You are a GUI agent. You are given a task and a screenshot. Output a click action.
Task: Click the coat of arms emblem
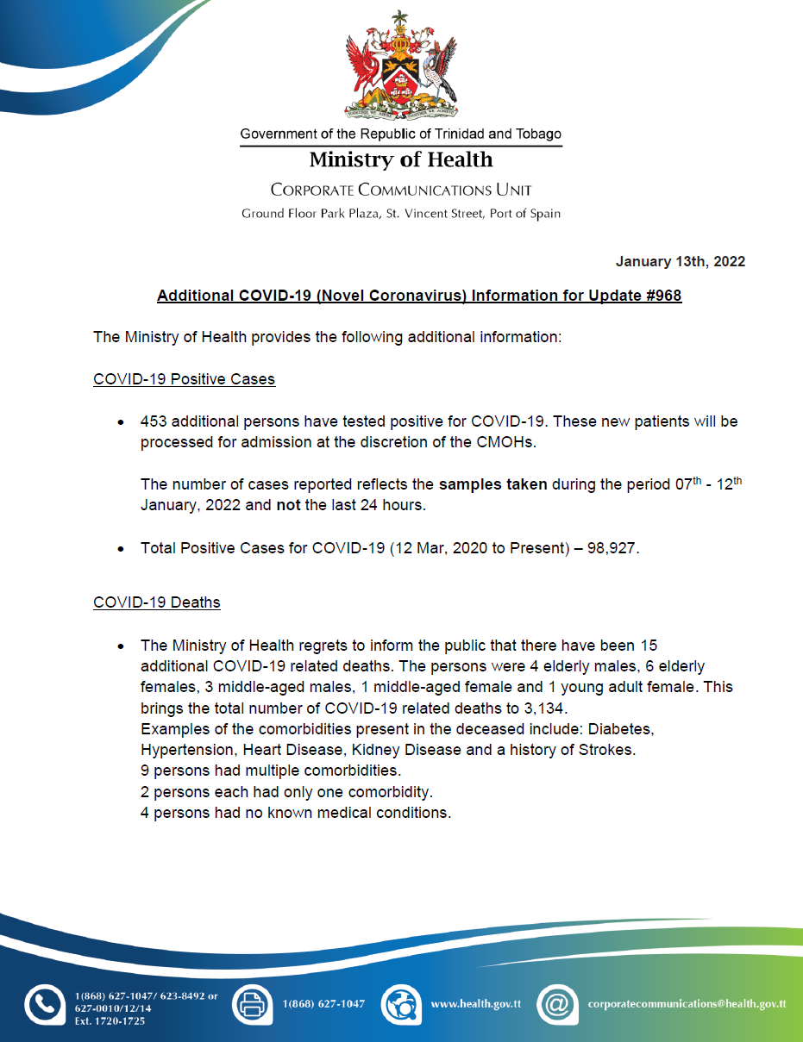(x=401, y=68)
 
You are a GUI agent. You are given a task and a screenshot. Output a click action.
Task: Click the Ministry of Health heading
(x=401, y=160)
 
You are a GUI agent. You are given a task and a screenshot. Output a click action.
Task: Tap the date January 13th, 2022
(x=680, y=261)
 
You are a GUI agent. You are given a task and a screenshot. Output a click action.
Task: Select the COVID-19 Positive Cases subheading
(x=184, y=379)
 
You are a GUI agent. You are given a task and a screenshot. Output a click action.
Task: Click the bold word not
(x=288, y=505)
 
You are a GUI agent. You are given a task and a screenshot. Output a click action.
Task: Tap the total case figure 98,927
(x=610, y=548)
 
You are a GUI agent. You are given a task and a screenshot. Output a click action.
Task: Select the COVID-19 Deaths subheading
(x=156, y=602)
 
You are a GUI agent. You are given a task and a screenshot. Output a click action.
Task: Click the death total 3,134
(x=543, y=708)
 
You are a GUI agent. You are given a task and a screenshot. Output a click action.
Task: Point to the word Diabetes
(x=621, y=729)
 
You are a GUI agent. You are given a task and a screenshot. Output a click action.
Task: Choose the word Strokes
(x=607, y=750)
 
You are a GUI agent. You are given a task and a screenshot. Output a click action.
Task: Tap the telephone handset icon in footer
(x=44, y=1005)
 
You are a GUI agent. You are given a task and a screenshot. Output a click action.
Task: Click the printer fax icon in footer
(x=252, y=1004)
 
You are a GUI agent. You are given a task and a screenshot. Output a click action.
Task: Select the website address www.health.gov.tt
(x=475, y=1004)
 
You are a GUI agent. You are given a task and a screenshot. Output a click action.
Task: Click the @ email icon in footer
(x=557, y=1004)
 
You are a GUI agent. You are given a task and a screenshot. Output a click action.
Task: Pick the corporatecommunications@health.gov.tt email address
(x=687, y=1004)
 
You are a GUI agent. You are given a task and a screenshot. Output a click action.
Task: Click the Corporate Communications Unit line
(x=401, y=190)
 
